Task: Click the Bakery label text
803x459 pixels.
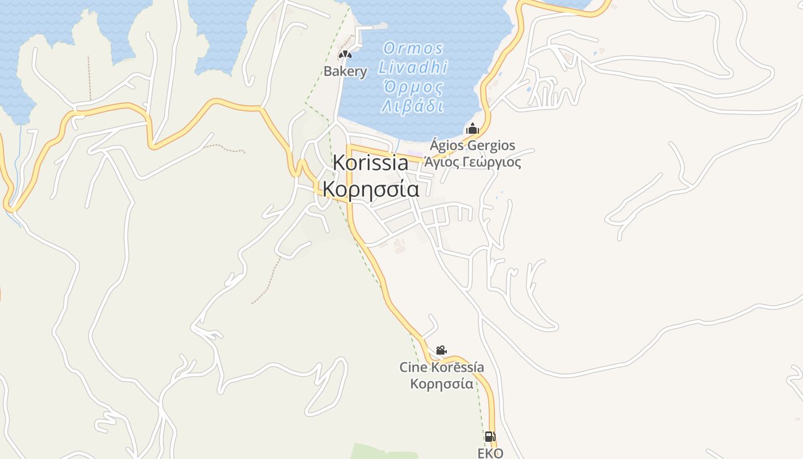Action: [345, 72]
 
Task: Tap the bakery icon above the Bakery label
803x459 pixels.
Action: [345, 55]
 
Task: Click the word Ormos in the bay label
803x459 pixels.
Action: [413, 48]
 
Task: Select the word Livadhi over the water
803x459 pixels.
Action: [413, 68]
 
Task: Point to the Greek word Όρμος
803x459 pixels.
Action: [413, 87]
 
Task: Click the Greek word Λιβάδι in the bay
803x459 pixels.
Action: [413, 106]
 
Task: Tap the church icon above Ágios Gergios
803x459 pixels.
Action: [472, 129]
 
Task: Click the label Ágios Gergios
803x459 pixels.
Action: [473, 145]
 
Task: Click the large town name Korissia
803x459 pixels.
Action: [371, 162]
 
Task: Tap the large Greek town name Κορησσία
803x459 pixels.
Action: [371, 189]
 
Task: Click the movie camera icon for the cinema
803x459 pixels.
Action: [441, 350]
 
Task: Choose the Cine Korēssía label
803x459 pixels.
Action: [442, 367]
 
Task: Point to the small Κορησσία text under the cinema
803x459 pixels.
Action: [442, 384]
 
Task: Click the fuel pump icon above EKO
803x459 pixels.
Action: [490, 437]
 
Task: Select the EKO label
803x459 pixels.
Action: [490, 453]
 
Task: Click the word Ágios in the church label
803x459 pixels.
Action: [447, 145]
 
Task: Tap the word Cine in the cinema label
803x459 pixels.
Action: [414, 367]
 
